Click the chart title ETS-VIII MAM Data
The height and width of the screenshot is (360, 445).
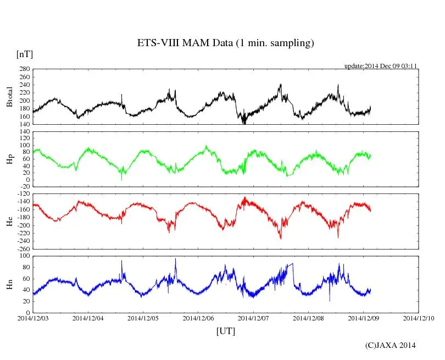225,43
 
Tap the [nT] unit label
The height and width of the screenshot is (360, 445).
25,54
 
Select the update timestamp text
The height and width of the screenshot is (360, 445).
381,65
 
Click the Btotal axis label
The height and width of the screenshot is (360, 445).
9,96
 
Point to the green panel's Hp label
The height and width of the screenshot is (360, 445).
9,159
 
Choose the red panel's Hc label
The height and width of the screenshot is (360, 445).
9,221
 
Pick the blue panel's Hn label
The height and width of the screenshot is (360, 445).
9,284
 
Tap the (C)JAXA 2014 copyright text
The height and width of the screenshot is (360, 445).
390,345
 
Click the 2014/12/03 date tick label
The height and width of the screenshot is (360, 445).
33,318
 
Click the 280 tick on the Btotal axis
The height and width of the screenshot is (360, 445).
24,69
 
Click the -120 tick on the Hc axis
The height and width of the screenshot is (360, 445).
23,194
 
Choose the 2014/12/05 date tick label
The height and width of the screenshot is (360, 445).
143,318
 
